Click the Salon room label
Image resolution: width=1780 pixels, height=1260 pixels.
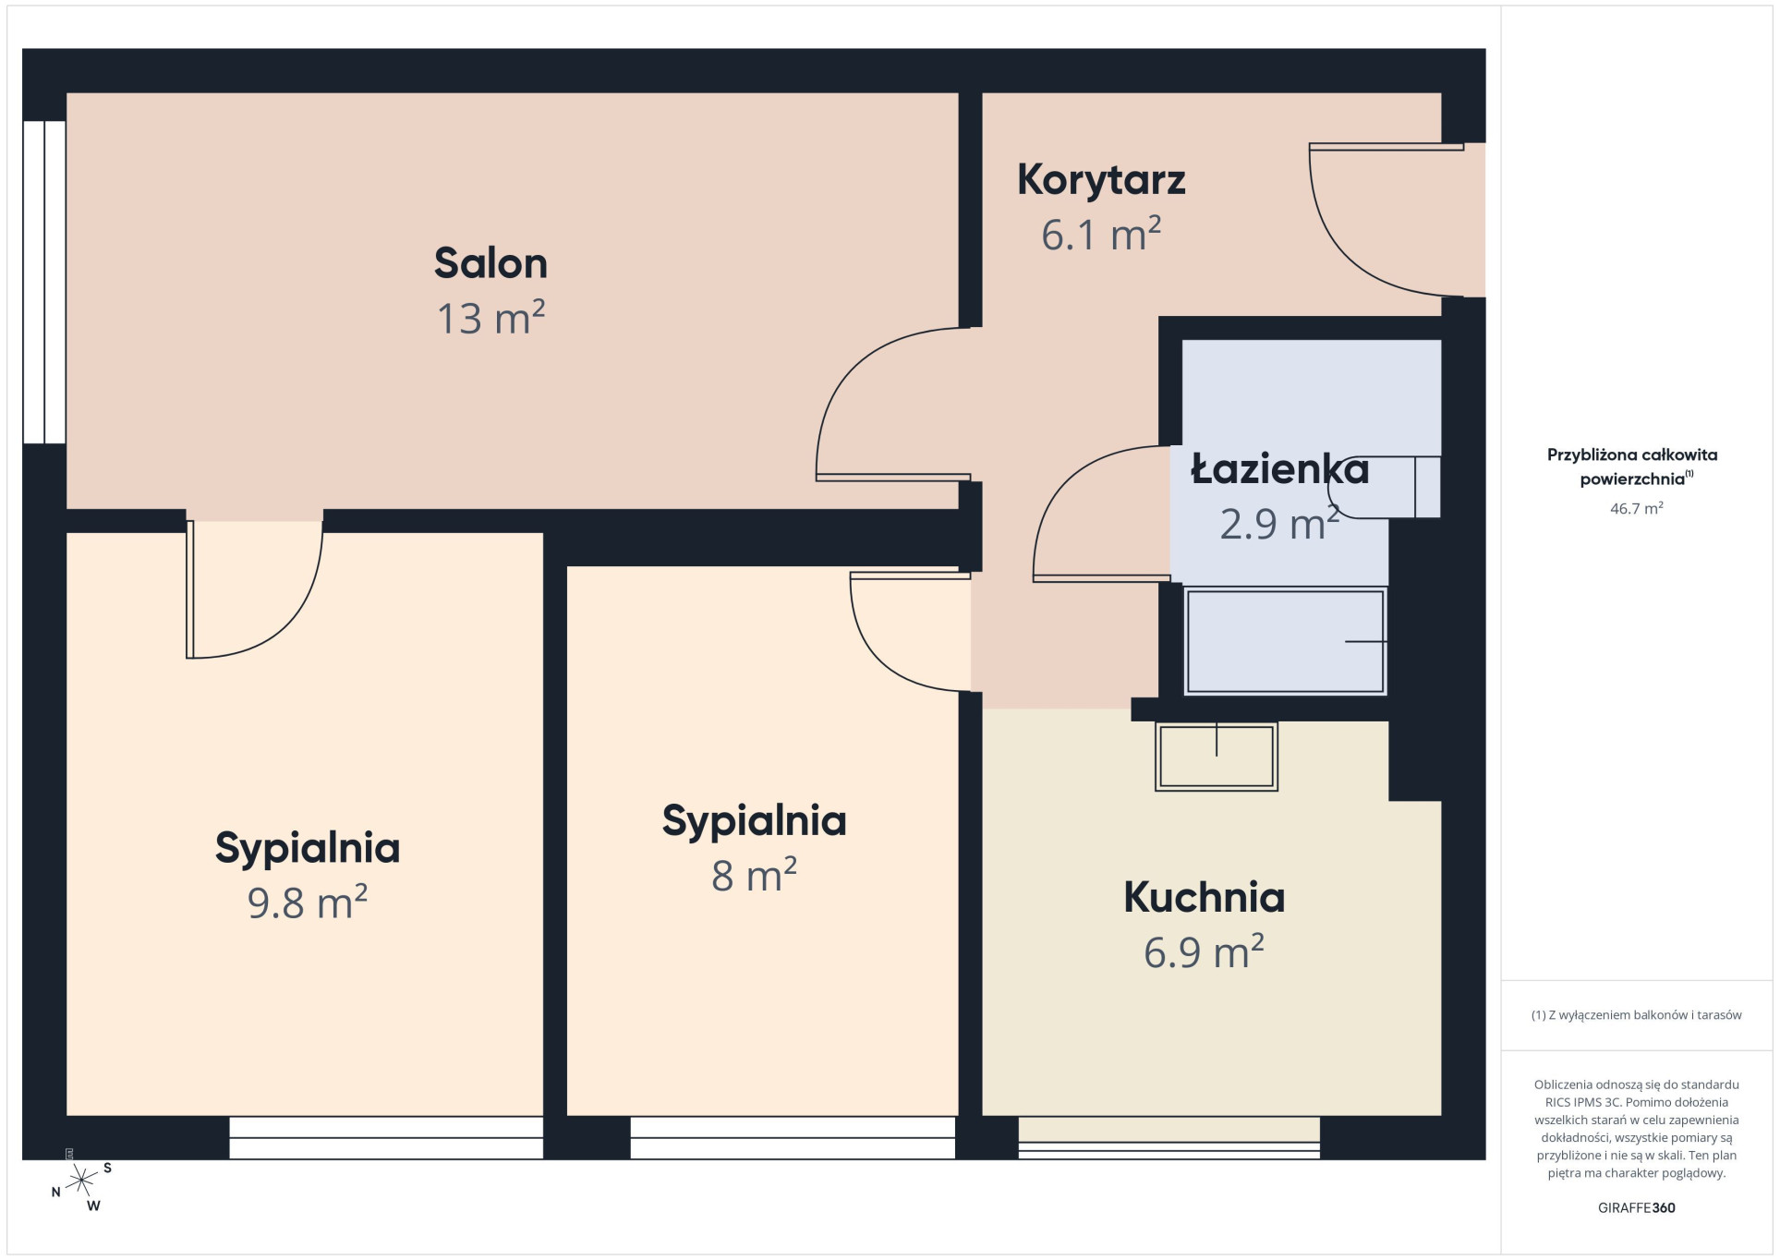point(490,263)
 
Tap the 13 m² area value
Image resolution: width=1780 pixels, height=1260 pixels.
point(490,318)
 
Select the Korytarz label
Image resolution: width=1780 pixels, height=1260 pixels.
point(1101,179)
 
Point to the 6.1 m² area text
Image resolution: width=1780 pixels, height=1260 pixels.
point(1101,234)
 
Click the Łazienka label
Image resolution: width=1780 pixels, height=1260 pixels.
point(1279,467)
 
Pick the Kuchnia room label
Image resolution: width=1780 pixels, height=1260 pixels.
point(1204,897)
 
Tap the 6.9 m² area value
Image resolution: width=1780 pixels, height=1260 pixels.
point(1204,951)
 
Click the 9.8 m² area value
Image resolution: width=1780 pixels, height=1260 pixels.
point(308,903)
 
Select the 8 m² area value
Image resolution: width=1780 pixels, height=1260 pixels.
point(754,875)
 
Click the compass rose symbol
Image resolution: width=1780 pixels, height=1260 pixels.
point(81,1181)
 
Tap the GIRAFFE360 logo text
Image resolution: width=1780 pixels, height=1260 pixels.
point(1636,1207)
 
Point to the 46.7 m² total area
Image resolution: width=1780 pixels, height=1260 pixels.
point(1636,508)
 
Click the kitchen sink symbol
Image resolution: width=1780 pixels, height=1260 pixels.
point(1216,757)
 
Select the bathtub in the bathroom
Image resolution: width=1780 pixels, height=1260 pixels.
point(1285,641)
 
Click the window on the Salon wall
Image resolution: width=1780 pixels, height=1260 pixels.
point(44,282)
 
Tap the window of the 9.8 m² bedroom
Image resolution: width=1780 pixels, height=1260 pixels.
point(386,1138)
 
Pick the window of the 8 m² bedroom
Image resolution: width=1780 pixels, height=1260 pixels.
point(793,1138)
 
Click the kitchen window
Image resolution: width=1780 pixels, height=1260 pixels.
point(1169,1138)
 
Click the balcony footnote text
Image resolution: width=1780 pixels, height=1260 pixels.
point(1636,1015)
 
